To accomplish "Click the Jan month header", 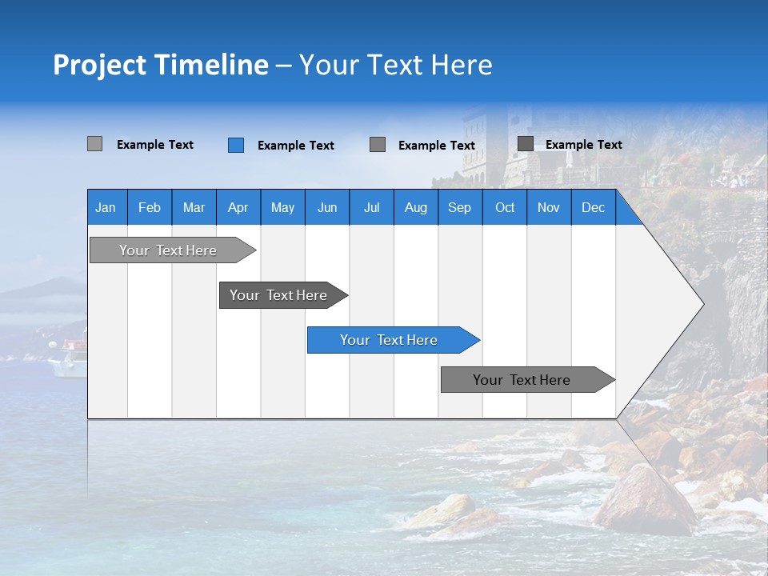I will tap(106, 207).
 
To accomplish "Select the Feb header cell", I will tap(150, 207).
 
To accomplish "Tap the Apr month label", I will tap(238, 207).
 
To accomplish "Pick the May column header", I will tap(282, 207).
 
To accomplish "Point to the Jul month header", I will tap(371, 207).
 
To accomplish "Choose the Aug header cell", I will tap(415, 207).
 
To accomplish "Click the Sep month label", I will tap(459, 207).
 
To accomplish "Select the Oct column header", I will tap(505, 207).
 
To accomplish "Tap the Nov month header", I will tap(548, 207).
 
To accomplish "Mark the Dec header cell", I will tap(593, 207).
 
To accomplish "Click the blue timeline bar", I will tap(389, 340).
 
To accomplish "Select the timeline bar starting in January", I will tap(168, 250).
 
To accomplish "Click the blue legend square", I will tap(236, 145).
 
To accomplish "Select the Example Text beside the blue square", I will tap(295, 146).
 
